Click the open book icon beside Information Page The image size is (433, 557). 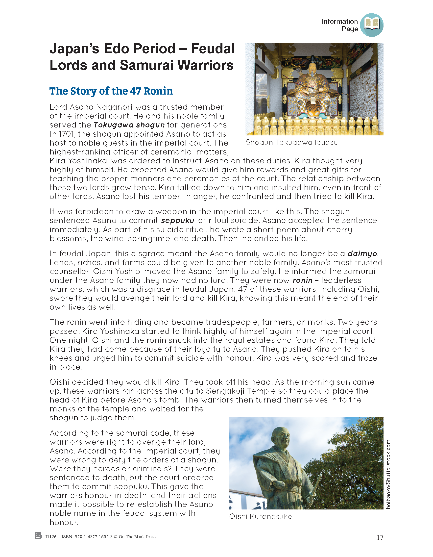tap(372, 25)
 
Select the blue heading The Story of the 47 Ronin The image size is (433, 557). tap(111, 91)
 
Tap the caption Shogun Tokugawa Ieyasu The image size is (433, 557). tap(291, 143)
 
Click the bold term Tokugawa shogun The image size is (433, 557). tap(129, 125)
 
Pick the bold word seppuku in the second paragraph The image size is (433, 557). tap(177, 221)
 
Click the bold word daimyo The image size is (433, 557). tap(362, 254)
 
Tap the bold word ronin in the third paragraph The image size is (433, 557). tap(302, 280)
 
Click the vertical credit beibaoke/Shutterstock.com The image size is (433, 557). tap(388, 474)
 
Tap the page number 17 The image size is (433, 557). tap(380, 537)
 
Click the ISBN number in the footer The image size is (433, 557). tap(87, 537)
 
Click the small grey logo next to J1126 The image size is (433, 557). tap(38, 536)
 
